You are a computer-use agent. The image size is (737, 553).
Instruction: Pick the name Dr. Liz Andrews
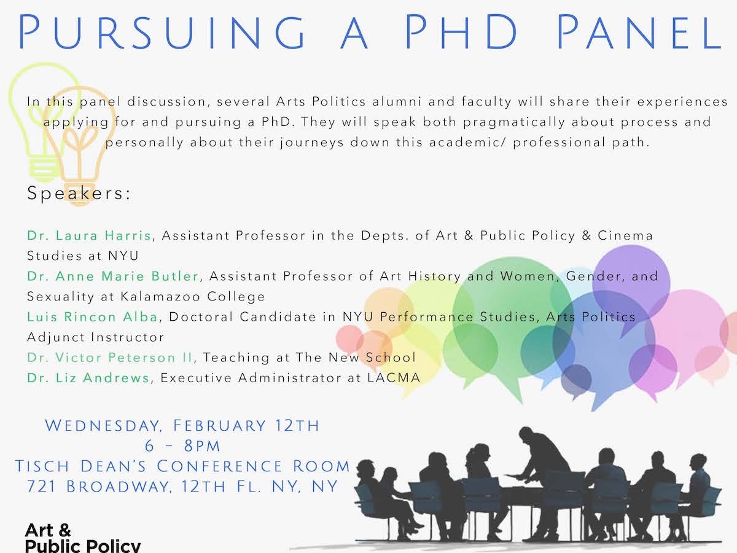88,378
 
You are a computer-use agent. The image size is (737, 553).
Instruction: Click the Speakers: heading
79,194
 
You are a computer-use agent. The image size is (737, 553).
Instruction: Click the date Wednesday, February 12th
182,426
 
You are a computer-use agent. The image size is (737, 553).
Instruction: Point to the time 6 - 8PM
182,446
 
